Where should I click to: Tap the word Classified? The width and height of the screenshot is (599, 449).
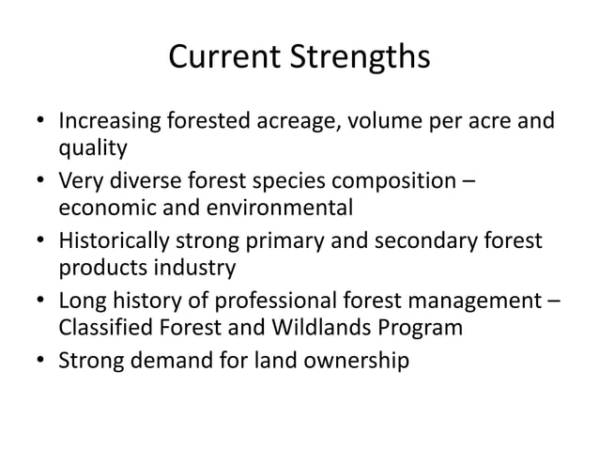[x=103, y=330]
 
